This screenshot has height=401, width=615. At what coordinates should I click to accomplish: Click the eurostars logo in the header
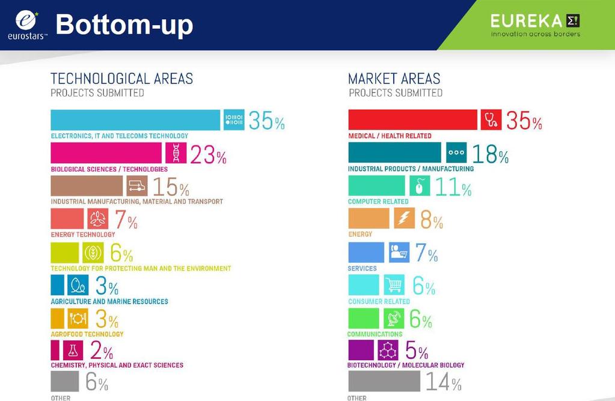pos(27,25)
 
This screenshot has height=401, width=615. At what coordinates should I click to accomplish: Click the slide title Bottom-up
pos(124,25)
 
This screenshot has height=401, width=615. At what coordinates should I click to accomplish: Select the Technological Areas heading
pos(121,79)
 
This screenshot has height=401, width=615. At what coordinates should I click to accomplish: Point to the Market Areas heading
pos(394,79)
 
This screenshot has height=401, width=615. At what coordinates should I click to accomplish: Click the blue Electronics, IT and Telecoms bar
pos(135,120)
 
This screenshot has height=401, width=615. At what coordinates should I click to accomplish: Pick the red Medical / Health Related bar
pos(412,119)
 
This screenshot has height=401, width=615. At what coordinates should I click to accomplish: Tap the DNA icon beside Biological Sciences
pos(176,152)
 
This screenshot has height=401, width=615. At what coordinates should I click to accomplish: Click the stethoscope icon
pos(491,119)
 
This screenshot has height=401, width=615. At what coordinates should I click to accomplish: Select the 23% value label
pos(208,155)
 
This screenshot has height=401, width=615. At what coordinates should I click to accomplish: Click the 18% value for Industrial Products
pos(491,154)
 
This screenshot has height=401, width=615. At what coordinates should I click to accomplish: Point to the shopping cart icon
pos(394,285)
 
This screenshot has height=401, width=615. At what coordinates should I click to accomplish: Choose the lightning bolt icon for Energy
pos(405,218)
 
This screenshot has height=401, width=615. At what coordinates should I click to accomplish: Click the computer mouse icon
pos(420,185)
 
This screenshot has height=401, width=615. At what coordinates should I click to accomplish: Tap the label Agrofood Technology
pos(87,334)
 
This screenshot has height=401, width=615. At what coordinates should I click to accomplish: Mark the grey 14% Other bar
pos(384,381)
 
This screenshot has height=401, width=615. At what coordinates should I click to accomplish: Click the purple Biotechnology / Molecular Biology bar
pos(361,350)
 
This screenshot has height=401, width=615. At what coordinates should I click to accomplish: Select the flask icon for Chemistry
pos(73,350)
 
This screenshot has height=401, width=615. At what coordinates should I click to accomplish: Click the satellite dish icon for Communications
pos(394,318)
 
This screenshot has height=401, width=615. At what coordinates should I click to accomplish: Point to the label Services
pos(362,269)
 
